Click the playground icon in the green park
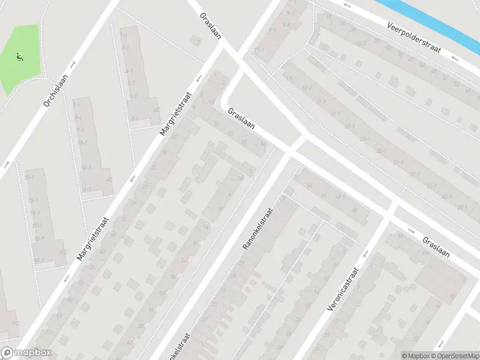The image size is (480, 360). tap(19, 58)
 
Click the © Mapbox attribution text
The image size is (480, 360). tap(416, 356)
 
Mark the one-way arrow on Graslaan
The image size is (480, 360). tap(411, 231)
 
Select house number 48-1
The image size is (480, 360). tap(340, 197)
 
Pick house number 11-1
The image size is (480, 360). tap(259, 50)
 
